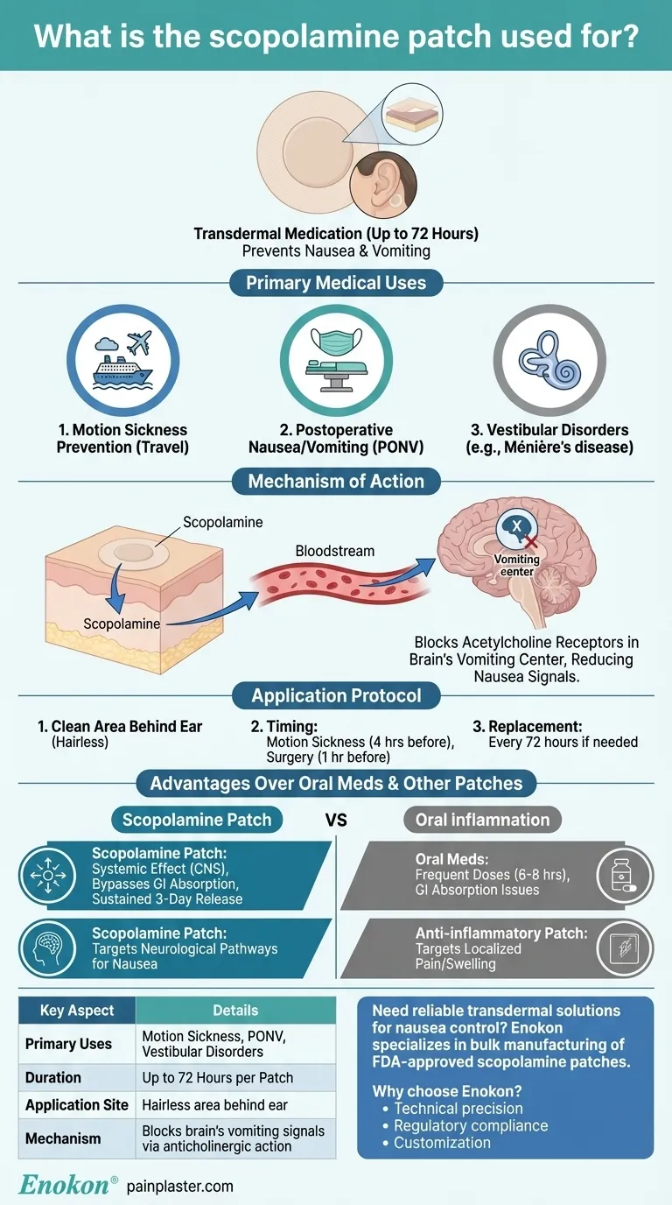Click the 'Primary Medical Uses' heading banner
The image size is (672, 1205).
336,283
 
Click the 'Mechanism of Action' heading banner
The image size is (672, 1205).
336,481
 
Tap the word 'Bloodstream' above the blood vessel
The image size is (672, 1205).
335,551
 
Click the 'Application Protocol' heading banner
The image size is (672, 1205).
336,696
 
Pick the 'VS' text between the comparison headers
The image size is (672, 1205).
336,820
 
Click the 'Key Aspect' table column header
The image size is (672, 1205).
77,1010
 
